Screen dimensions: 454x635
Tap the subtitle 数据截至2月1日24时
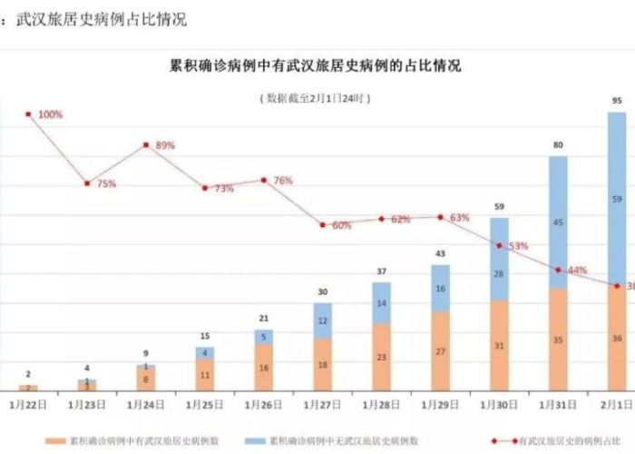(x=316, y=96)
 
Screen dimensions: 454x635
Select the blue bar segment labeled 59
(x=617, y=198)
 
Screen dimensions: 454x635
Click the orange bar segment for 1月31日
(x=558, y=340)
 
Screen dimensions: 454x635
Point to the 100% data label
(x=50, y=114)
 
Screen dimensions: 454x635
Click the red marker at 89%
(x=146, y=144)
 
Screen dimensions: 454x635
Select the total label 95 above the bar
(x=617, y=100)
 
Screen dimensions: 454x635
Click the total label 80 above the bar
(x=558, y=144)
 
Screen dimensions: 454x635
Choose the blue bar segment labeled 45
(x=558, y=222)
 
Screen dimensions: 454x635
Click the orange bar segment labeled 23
(x=381, y=357)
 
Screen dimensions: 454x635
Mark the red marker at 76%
(x=264, y=180)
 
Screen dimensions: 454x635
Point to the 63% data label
(x=459, y=218)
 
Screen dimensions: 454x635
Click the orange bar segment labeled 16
(x=263, y=369)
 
